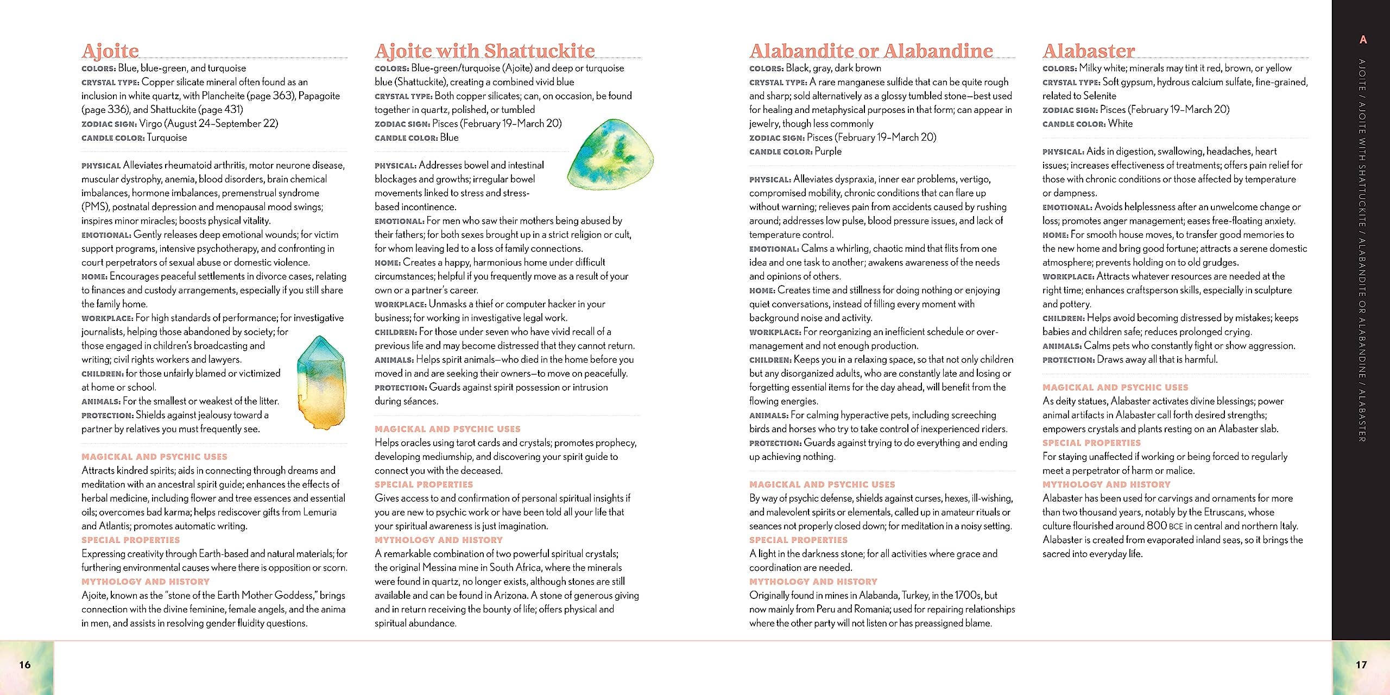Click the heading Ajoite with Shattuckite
tap(484, 51)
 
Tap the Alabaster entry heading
tap(1088, 51)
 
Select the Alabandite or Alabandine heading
tap(871, 51)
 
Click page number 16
tap(25, 665)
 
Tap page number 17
tap(1361, 665)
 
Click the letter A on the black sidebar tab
tap(1362, 40)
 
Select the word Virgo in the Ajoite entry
tap(150, 124)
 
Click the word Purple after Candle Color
tap(828, 151)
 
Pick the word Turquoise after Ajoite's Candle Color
tap(167, 138)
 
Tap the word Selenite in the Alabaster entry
tap(1095, 96)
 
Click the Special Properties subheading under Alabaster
tap(1091, 443)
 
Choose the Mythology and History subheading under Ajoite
tap(146, 582)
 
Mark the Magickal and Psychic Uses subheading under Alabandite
tap(822, 484)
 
